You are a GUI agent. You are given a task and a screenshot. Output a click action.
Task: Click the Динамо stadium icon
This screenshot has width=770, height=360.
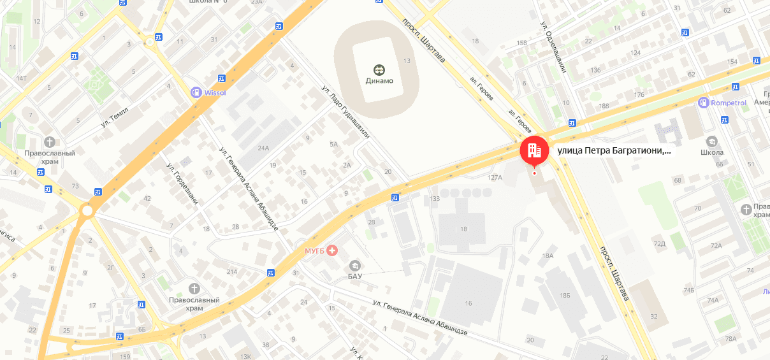click(379, 69)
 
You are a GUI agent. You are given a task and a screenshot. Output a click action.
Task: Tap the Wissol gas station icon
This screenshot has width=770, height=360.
click(196, 92)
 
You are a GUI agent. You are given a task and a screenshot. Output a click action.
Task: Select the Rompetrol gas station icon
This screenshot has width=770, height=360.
click(704, 102)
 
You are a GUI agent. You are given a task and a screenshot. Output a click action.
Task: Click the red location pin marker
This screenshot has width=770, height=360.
click(534, 151)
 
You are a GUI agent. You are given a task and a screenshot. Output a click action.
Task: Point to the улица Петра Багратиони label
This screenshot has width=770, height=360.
click(614, 151)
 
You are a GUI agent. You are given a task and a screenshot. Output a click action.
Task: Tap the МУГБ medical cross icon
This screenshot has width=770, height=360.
click(331, 250)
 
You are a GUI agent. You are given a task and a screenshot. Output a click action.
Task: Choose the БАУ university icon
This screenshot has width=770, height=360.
click(354, 265)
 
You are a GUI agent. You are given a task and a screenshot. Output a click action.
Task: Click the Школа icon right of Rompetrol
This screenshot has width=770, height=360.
click(711, 141)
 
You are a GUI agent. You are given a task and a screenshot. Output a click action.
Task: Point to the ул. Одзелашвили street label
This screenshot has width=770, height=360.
click(553, 48)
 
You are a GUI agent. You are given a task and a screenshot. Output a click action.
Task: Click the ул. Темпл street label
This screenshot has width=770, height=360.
click(114, 118)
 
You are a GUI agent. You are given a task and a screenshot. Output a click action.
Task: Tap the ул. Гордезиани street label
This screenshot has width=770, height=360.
click(182, 185)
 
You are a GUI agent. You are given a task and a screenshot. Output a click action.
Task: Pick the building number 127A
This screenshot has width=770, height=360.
click(495, 177)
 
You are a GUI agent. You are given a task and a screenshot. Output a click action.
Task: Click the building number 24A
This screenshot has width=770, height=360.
click(263, 148)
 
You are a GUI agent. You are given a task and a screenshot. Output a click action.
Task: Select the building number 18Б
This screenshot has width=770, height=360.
click(564, 296)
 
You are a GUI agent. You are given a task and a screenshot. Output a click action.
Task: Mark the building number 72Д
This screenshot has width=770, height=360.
click(659, 243)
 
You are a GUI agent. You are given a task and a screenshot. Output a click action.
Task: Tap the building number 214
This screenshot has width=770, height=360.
click(231, 272)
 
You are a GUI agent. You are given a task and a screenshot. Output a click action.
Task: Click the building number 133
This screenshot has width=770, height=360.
click(435, 199)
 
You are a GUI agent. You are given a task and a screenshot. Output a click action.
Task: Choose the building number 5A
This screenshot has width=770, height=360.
click(333, 144)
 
